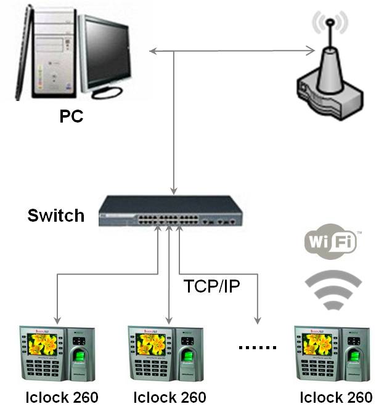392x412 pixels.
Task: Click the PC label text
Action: click(71, 116)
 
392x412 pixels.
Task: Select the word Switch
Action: click(55, 216)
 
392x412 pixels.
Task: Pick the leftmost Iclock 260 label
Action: click(62, 397)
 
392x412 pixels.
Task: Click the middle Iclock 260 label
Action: click(169, 397)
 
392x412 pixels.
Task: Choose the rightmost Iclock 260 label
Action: click(336, 397)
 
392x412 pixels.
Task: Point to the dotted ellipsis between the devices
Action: click(258, 349)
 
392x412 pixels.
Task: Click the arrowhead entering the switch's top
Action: click(175, 190)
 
